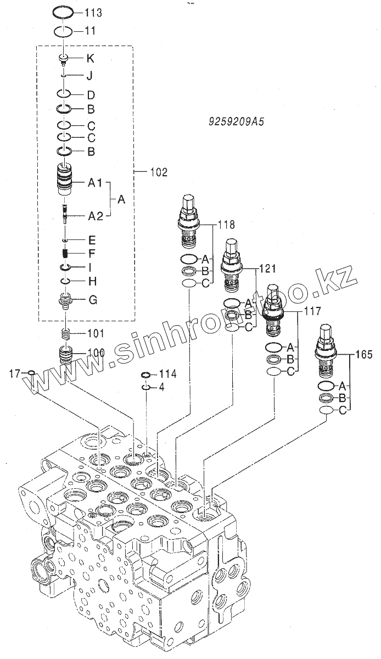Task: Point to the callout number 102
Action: click(159, 172)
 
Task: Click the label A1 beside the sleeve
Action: click(96, 183)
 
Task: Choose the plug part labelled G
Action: click(66, 300)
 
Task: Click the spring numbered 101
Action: click(66, 333)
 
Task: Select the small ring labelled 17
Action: click(31, 373)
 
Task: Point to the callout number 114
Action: click(167, 374)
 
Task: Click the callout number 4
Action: click(162, 387)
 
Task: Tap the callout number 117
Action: click(313, 311)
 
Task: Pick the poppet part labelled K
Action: click(64, 58)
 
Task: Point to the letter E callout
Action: click(92, 240)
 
